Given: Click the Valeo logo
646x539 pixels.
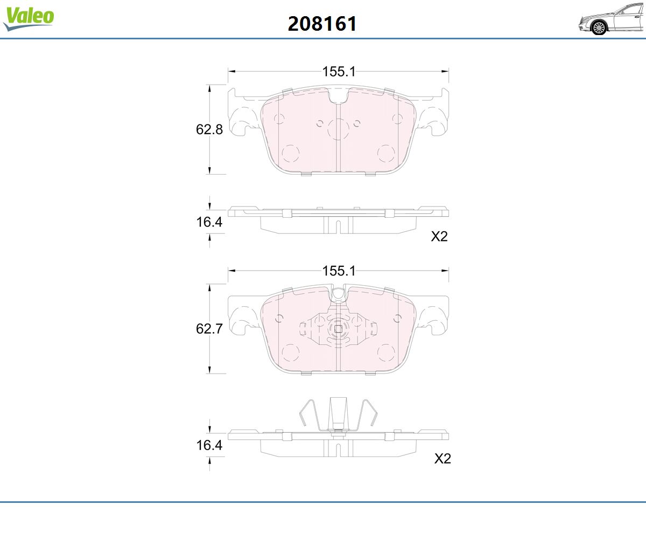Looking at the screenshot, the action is pyautogui.click(x=29, y=18).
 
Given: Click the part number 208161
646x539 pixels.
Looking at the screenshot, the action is pyautogui.click(x=322, y=24).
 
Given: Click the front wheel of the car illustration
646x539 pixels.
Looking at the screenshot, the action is pyautogui.click(x=599, y=28).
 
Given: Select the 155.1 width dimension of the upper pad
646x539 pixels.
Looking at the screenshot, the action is pyautogui.click(x=339, y=72).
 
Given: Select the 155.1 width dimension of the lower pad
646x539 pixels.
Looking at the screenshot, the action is pyautogui.click(x=339, y=271).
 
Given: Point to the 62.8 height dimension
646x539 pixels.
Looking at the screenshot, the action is pyautogui.click(x=209, y=129).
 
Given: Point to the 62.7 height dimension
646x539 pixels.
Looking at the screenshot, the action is pyautogui.click(x=209, y=329).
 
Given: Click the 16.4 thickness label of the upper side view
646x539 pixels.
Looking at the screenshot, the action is pyautogui.click(x=209, y=222).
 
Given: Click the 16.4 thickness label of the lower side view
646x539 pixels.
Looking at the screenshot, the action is pyautogui.click(x=209, y=445).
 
